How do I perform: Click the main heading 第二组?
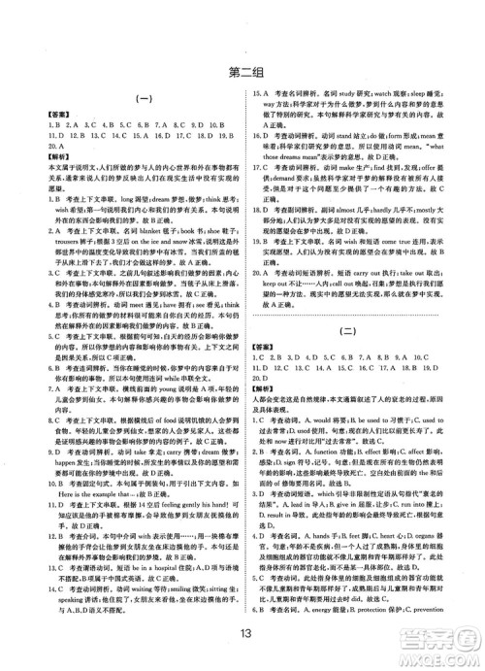point(242,69)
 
